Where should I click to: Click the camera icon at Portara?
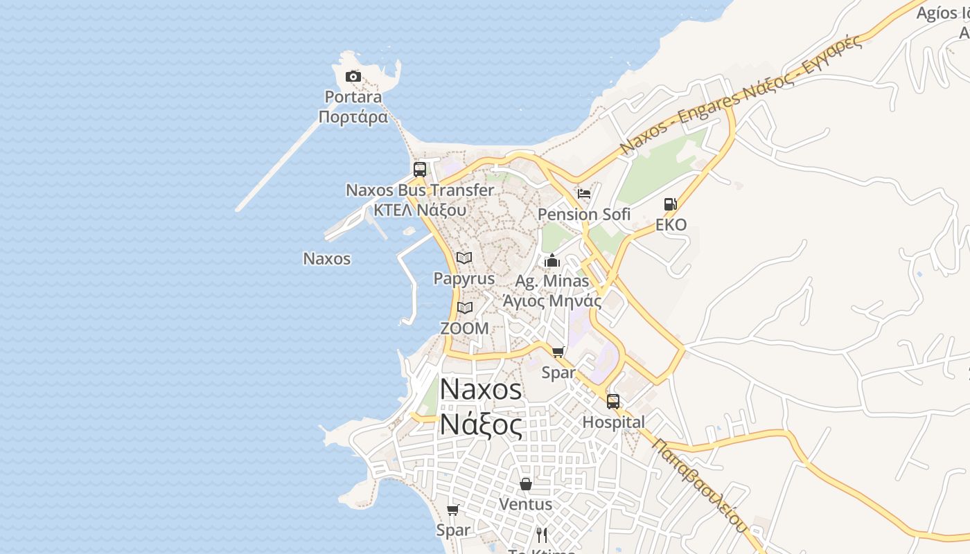coord(353,76)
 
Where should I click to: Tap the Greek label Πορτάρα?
coord(353,116)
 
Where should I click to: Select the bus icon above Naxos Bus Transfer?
coord(420,170)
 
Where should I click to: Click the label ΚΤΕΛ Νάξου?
coord(420,209)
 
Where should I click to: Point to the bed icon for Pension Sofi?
coord(584,194)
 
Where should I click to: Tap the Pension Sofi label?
coord(584,215)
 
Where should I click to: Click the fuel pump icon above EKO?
coord(670,204)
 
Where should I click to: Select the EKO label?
coord(671,224)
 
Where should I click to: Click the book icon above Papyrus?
coord(464,258)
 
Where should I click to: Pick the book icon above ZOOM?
coord(464,307)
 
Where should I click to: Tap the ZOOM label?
coord(464,328)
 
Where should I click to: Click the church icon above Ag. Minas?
coord(552,260)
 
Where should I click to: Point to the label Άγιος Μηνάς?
coord(552,301)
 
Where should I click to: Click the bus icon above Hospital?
coord(613,402)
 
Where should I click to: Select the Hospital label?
coord(613,422)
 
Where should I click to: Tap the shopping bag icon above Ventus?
coord(526,483)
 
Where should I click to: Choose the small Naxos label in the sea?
coord(327,259)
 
